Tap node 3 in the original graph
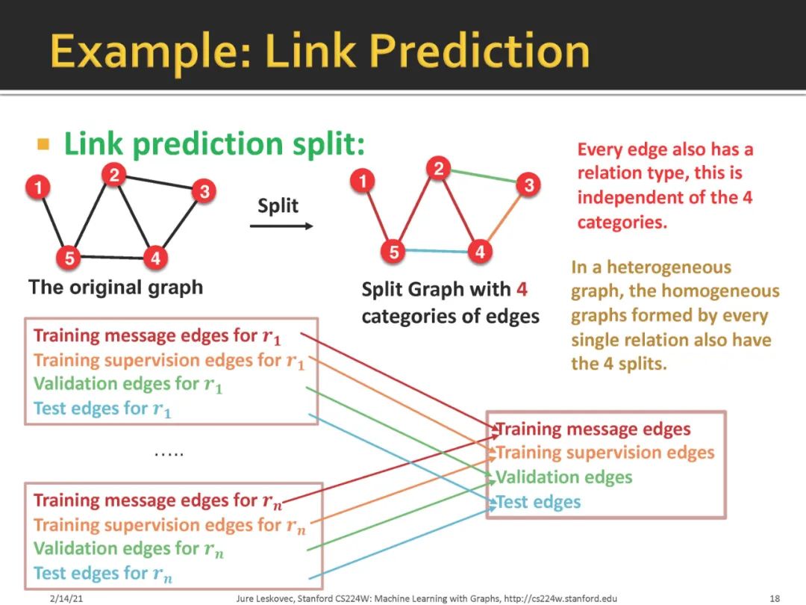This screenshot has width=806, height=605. (x=203, y=191)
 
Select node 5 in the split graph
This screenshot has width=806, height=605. (x=393, y=251)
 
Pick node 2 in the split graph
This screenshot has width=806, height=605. (x=438, y=169)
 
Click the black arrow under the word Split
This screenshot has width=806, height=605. (x=281, y=226)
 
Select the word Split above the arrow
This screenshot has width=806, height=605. (x=278, y=205)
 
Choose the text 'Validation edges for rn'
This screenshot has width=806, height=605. (x=128, y=549)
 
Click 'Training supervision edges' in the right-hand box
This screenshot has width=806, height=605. (x=605, y=453)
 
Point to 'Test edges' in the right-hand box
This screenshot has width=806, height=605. (x=538, y=501)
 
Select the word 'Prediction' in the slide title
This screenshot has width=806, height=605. (x=480, y=52)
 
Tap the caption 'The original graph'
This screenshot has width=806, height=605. (x=116, y=288)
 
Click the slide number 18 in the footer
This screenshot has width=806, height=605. (x=774, y=598)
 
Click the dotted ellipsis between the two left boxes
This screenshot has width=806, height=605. (x=169, y=453)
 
